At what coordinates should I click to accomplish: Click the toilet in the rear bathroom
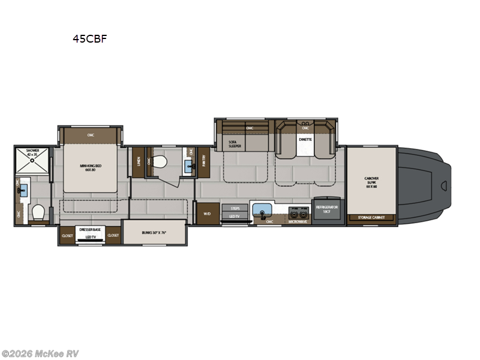pyautogui.click(x=38, y=212)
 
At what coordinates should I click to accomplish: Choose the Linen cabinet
pyautogui.click(x=138, y=161)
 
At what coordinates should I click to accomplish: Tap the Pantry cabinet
pyautogui.click(x=204, y=161)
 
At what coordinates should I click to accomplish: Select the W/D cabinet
pyautogui.click(x=208, y=213)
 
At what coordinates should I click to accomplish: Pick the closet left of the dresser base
pyautogui.click(x=67, y=236)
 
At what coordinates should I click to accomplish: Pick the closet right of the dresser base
pyautogui.click(x=113, y=236)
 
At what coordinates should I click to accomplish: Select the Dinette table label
pyautogui.click(x=305, y=140)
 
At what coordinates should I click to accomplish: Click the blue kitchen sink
pyautogui.click(x=262, y=211)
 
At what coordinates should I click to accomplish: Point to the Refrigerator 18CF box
pyautogui.click(x=328, y=210)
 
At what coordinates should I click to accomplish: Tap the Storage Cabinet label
pyautogui.click(x=371, y=218)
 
